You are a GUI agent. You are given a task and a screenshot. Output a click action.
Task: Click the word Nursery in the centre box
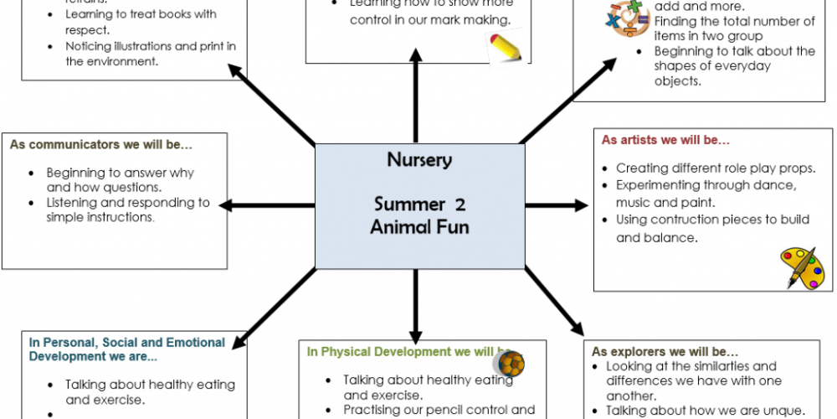click(x=419, y=160)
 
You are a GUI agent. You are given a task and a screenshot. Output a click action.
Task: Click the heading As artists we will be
click(x=665, y=140)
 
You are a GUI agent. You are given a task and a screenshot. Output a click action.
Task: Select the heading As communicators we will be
click(x=101, y=144)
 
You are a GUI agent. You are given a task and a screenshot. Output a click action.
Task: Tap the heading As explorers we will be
click(x=665, y=351)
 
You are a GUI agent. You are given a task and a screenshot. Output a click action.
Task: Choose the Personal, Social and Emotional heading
click(x=126, y=349)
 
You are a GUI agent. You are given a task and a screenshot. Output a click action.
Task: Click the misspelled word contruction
click(x=677, y=220)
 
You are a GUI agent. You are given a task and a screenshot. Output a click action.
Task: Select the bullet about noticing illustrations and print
click(x=151, y=53)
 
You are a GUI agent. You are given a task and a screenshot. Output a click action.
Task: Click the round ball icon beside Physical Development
click(x=509, y=363)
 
